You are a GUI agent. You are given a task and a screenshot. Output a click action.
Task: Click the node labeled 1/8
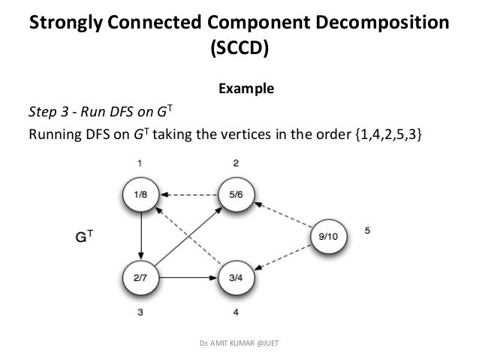(141, 195)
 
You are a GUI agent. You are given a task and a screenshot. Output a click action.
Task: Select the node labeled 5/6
(236, 195)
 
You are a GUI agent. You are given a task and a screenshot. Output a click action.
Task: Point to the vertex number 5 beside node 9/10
(368, 231)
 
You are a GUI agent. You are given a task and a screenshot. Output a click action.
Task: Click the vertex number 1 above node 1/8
(141, 162)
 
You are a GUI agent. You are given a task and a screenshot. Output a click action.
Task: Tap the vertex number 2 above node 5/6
(236, 162)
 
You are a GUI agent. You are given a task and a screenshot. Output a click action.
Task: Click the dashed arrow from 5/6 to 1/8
(188, 195)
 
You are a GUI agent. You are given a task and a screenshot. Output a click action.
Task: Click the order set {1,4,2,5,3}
(388, 135)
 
